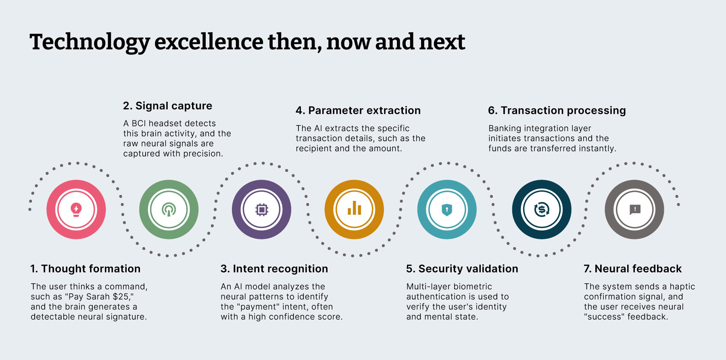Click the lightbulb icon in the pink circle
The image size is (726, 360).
tap(76, 209)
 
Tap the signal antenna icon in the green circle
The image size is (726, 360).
tap(169, 209)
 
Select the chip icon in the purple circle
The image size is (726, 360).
tap(262, 209)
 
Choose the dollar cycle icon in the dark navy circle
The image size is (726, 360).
tap(542, 209)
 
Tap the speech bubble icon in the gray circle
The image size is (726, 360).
tap(635, 209)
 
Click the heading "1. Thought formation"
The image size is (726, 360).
tap(86, 269)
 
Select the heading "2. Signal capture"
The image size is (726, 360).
tap(167, 106)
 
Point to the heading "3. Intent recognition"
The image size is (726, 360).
tap(274, 269)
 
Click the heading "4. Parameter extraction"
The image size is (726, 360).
tap(358, 111)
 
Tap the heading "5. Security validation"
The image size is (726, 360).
tap(462, 269)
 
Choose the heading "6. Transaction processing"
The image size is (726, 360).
tap(557, 111)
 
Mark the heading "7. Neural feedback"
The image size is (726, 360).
tap(633, 269)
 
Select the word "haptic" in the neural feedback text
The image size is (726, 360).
tap(682, 287)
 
